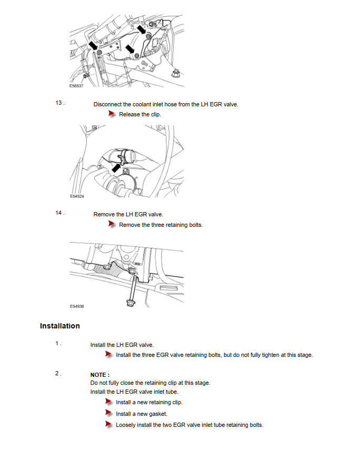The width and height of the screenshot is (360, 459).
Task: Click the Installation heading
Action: (x=59, y=326)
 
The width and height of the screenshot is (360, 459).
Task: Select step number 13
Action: (x=59, y=103)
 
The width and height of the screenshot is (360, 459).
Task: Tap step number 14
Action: (x=59, y=213)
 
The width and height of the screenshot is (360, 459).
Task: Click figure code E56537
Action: (x=76, y=86)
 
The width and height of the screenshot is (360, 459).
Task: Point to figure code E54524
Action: (x=77, y=196)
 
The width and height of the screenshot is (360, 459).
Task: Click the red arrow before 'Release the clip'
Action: (x=112, y=114)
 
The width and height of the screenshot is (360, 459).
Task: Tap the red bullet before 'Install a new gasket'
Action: (x=109, y=414)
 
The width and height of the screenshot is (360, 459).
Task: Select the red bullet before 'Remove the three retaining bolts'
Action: (x=112, y=224)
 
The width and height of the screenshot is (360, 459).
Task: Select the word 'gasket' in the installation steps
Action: (x=158, y=414)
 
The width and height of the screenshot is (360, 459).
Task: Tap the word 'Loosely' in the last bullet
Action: (x=126, y=425)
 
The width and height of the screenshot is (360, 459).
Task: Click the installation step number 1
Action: (x=58, y=344)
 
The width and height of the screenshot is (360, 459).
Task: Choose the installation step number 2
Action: (x=58, y=373)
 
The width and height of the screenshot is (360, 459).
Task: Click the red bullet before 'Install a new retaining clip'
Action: (x=109, y=403)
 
